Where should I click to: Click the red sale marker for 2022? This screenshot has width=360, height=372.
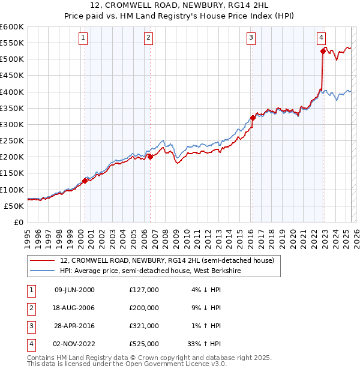tap(323, 52)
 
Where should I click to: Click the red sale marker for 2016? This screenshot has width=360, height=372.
tap(253, 118)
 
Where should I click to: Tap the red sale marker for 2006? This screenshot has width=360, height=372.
tap(150, 157)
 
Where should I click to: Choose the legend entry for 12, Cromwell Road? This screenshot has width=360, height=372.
tap(167, 260)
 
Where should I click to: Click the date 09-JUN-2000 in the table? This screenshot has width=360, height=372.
tap(74, 290)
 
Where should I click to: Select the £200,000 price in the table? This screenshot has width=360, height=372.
tap(143, 308)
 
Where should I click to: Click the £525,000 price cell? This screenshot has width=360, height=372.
tap(143, 344)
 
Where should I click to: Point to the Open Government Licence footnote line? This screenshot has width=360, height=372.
tap(127, 364)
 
